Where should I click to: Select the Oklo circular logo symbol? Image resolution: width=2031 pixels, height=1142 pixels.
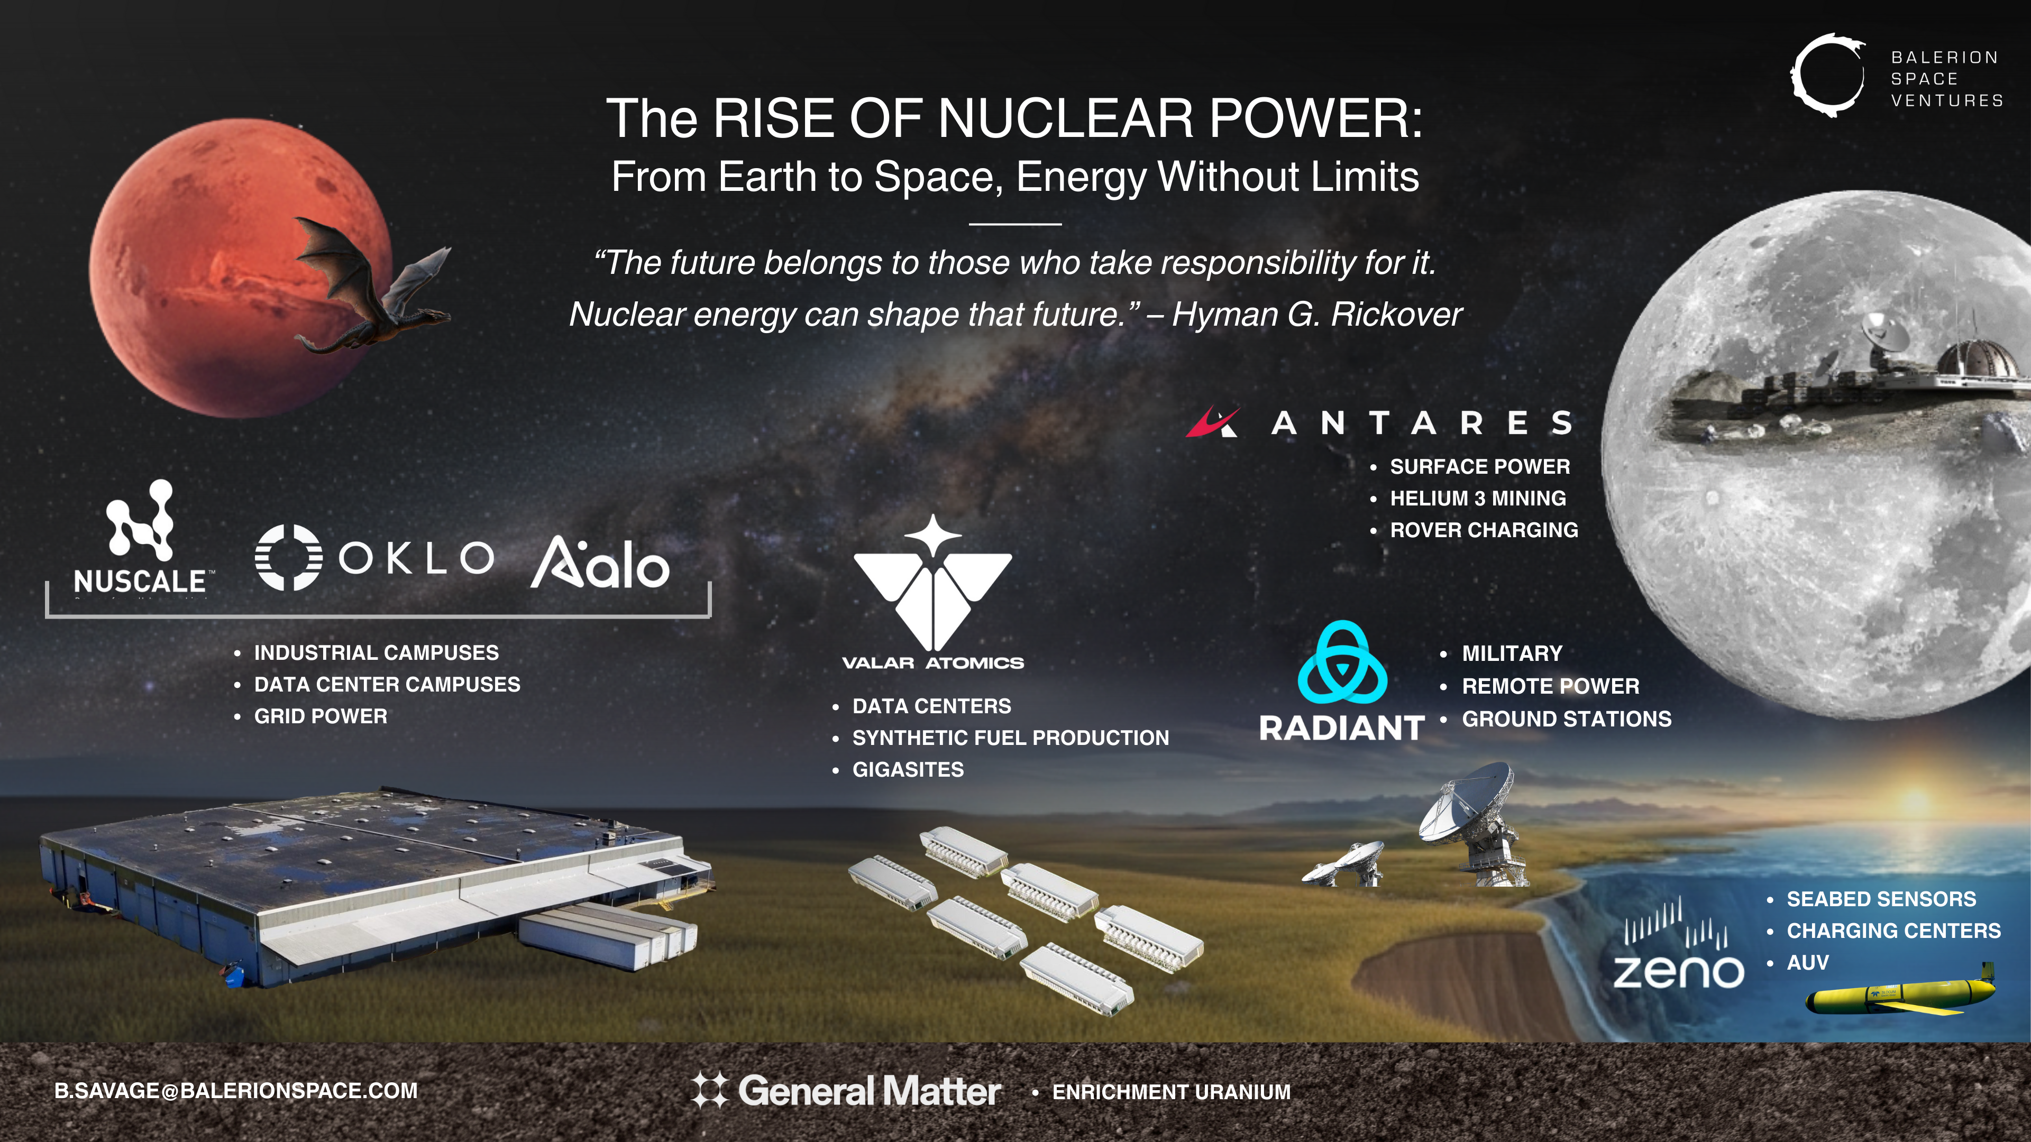tap(289, 557)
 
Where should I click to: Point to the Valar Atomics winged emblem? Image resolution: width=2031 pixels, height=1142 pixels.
tap(932, 587)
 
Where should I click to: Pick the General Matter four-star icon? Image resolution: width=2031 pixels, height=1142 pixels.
tap(710, 1091)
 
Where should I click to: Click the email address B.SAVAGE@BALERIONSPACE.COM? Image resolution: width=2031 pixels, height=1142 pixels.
tap(236, 1091)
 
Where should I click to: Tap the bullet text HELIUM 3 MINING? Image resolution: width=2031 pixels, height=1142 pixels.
tap(1478, 498)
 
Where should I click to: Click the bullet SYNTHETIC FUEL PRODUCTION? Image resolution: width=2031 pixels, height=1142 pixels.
tap(1010, 738)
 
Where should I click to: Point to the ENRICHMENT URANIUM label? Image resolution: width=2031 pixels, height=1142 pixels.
tap(1171, 1092)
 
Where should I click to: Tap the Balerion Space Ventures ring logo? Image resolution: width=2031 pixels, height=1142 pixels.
tap(1827, 76)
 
